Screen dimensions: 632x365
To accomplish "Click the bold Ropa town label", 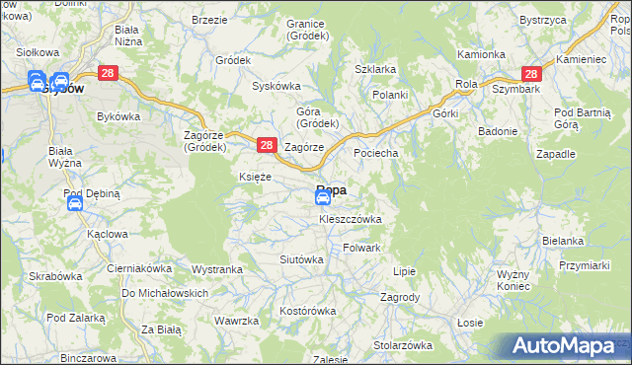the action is click(331, 190).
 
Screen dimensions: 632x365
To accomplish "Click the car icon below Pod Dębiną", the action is click(74, 204).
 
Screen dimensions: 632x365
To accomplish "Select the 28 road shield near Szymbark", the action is click(531, 74).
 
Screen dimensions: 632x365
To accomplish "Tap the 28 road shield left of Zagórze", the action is click(266, 145).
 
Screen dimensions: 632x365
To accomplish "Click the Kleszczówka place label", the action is click(350, 219).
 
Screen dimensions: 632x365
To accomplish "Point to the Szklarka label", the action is click(375, 69).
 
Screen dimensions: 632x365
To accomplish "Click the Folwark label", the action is click(361, 248).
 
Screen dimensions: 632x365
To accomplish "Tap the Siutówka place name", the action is click(302, 259).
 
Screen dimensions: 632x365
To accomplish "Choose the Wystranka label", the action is click(217, 269).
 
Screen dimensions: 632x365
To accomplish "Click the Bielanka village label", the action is click(563, 241).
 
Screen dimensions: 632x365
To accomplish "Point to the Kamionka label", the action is click(481, 54).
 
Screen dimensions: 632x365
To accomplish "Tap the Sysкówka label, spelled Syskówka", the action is click(276, 86).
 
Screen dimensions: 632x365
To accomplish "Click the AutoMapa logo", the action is click(565, 346).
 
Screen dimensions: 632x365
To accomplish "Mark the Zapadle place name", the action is click(555, 155).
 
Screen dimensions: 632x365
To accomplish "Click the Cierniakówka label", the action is click(139, 267).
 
